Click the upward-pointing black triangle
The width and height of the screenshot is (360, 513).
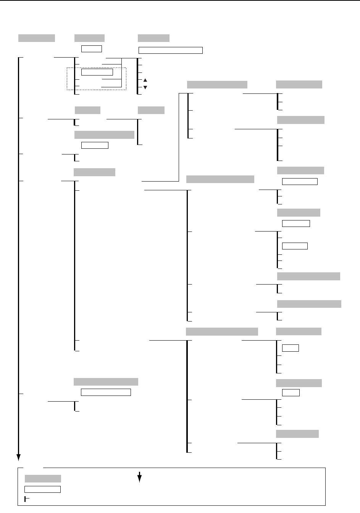[x=145, y=80]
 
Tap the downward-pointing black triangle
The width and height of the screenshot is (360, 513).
[x=145, y=87]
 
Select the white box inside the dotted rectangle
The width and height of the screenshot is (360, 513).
[x=97, y=72]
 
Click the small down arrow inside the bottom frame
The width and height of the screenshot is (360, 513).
[x=139, y=477]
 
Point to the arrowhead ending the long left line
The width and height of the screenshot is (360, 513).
[x=18, y=458]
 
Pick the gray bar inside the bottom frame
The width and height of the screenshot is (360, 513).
[x=43, y=479]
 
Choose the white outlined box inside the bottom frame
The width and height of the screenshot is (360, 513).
[x=42, y=489]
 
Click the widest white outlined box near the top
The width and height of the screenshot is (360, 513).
[x=170, y=50]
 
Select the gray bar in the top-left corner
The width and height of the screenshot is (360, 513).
[x=37, y=38]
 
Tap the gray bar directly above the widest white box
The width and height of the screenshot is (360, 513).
[x=153, y=38]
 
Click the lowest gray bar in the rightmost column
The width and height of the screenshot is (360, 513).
[x=297, y=434]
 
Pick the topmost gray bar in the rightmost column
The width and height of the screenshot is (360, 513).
[x=299, y=84]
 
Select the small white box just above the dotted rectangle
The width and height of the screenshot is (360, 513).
[x=92, y=48]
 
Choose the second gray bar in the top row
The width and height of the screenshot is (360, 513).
[x=90, y=38]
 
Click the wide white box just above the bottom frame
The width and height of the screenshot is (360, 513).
[x=106, y=392]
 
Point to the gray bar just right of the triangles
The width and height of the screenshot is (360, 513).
[x=217, y=85]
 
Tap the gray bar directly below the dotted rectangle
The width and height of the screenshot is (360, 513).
[x=87, y=110]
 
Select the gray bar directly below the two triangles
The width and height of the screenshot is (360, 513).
[x=151, y=110]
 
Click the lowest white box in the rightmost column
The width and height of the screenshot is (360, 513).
[x=291, y=392]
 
